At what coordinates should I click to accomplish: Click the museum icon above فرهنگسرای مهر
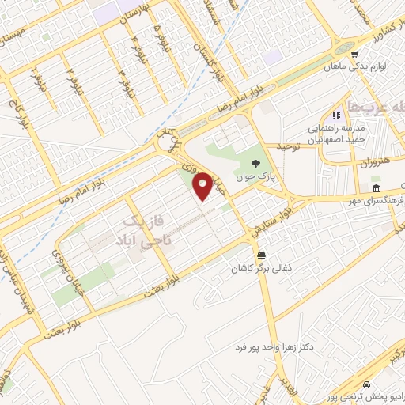pyautogui.click(x=375, y=190)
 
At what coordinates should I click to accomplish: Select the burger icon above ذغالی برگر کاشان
pyautogui.click(x=261, y=254)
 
